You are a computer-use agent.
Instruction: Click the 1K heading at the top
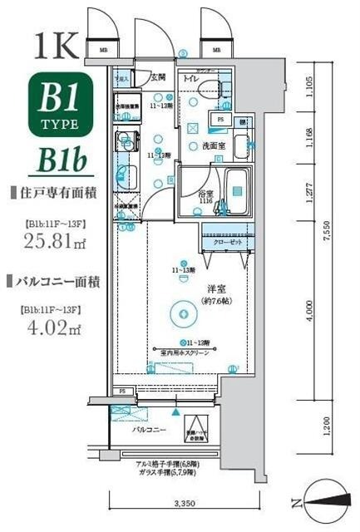coord(55,43)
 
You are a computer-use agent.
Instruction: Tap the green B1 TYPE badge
coord(56,106)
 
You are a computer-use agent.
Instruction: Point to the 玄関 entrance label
coord(156,77)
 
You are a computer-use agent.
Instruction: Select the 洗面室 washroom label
coord(214,145)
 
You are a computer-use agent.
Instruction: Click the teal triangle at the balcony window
coord(175,411)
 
